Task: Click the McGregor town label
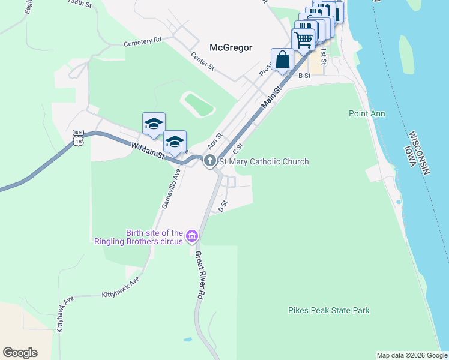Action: click(x=231, y=47)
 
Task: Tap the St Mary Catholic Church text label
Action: click(x=264, y=161)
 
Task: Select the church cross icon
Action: click(x=209, y=160)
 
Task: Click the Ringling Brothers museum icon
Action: click(x=192, y=236)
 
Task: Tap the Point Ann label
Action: click(x=367, y=113)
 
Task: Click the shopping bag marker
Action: click(x=282, y=60)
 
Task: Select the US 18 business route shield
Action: click(x=79, y=137)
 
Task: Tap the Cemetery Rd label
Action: click(x=143, y=41)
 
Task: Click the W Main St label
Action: click(x=148, y=150)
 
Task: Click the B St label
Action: click(x=304, y=76)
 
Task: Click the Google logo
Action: click(x=20, y=353)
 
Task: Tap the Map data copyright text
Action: click(x=411, y=355)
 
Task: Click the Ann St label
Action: click(x=214, y=142)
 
